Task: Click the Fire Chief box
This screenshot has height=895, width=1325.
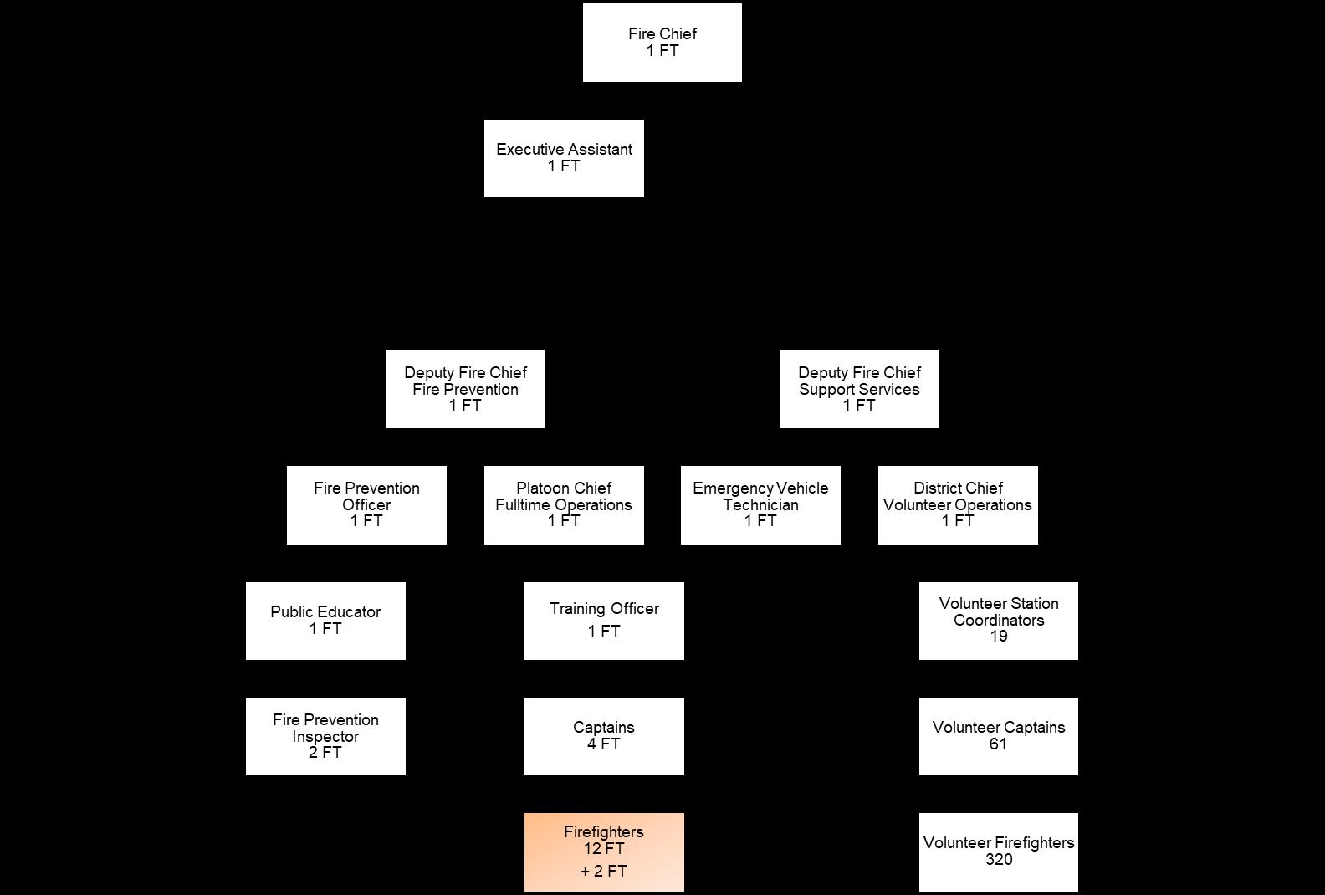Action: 662,43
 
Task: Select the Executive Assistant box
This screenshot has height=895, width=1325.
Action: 564,158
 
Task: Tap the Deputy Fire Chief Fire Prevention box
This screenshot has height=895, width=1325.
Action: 465,389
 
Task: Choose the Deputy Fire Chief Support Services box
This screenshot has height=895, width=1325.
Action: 859,389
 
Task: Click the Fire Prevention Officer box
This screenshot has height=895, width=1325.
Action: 366,504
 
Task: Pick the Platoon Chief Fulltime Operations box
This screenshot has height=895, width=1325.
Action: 564,504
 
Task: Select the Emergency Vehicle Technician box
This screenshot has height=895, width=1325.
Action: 760,504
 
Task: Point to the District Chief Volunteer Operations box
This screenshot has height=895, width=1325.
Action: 958,504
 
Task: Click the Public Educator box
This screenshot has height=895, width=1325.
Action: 325,621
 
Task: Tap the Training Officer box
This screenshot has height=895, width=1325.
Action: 604,621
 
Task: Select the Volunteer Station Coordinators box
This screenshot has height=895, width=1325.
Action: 998,621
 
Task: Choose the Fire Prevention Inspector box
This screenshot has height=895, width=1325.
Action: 325,736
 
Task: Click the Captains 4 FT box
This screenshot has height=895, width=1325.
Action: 604,736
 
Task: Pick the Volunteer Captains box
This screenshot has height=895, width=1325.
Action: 998,736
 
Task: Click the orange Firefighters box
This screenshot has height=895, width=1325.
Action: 604,852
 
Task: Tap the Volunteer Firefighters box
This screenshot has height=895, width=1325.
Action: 998,852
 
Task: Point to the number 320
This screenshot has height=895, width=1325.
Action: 999,860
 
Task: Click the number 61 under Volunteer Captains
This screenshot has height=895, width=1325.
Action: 998,744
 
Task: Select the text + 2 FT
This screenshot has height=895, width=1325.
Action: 604,872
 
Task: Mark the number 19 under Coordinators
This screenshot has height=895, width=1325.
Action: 998,637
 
